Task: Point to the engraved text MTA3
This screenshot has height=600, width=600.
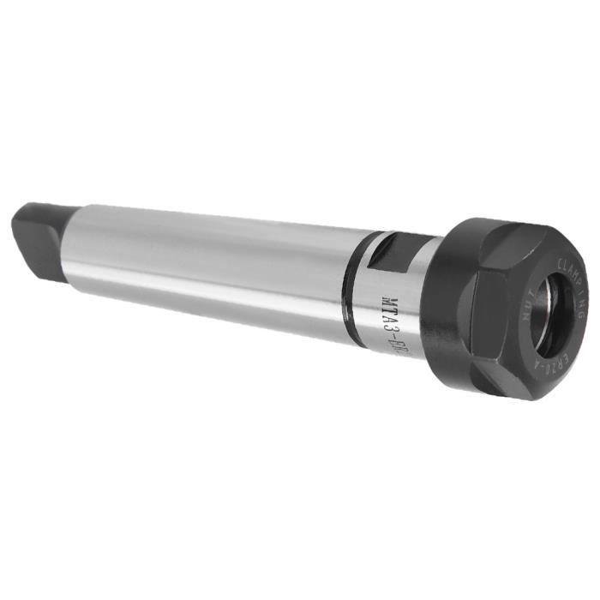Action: [387, 309]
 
